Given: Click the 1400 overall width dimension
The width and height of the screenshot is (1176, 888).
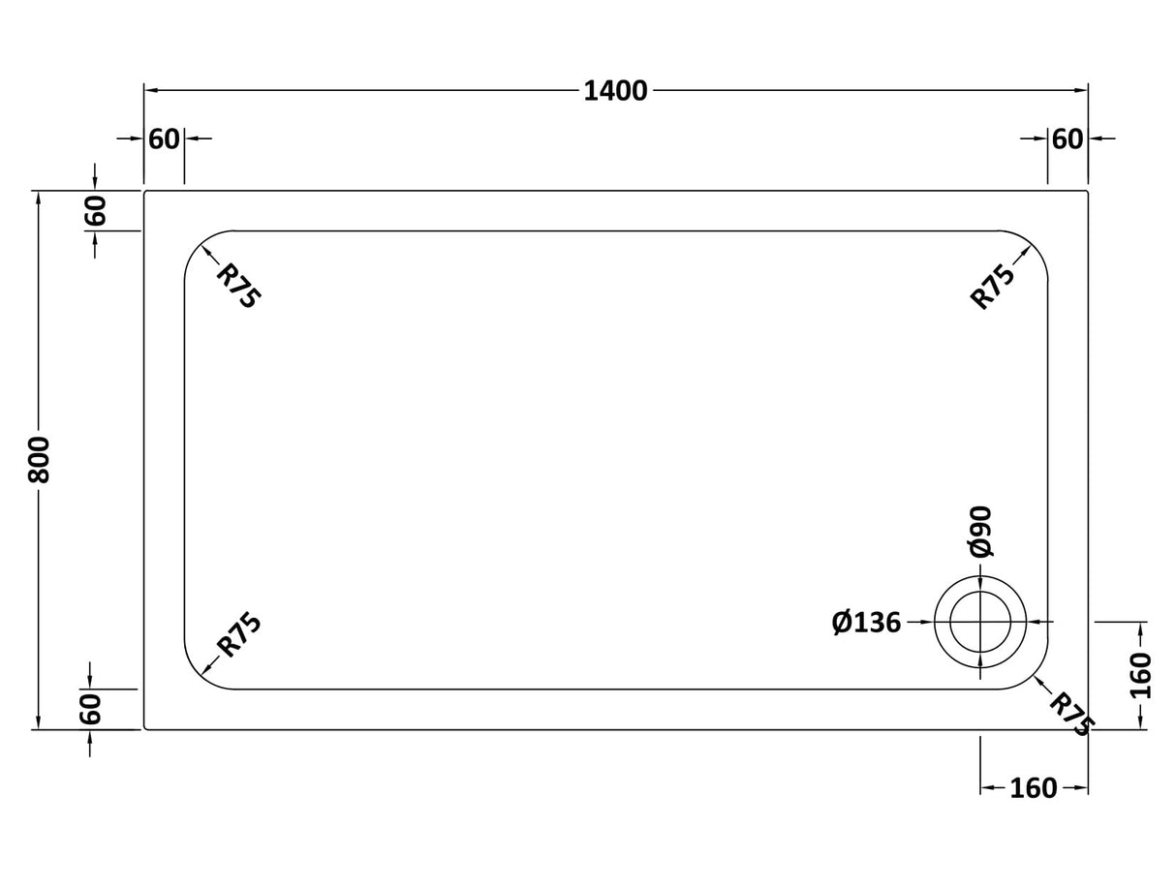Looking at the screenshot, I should pos(615,91).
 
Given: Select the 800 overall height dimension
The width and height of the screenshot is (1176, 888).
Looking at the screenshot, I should pos(39,460).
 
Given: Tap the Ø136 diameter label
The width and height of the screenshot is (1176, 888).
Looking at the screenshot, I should pos(866,623).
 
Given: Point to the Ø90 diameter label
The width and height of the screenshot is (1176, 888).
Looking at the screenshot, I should pos(980,532).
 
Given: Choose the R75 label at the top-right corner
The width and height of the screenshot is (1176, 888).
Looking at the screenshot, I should pos(993,286).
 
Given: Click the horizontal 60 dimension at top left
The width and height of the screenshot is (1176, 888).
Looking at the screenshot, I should pos(164,139).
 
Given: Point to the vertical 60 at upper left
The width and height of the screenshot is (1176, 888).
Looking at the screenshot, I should pos(94,210).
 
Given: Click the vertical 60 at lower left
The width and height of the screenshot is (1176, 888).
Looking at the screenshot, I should pos(90,709).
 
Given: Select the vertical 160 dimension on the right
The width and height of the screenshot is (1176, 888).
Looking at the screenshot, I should pos(1140,675).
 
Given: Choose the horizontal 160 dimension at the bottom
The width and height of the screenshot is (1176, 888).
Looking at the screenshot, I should pos(1033,789).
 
